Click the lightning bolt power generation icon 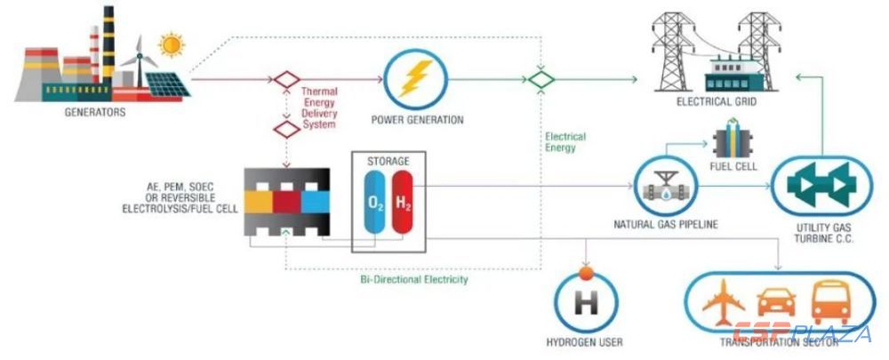pyautogui.click(x=412, y=79)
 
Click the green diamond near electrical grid pyautogui.click(x=539, y=79)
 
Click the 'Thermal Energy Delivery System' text pyautogui.click(x=319, y=108)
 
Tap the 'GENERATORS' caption pyautogui.click(x=95, y=113)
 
